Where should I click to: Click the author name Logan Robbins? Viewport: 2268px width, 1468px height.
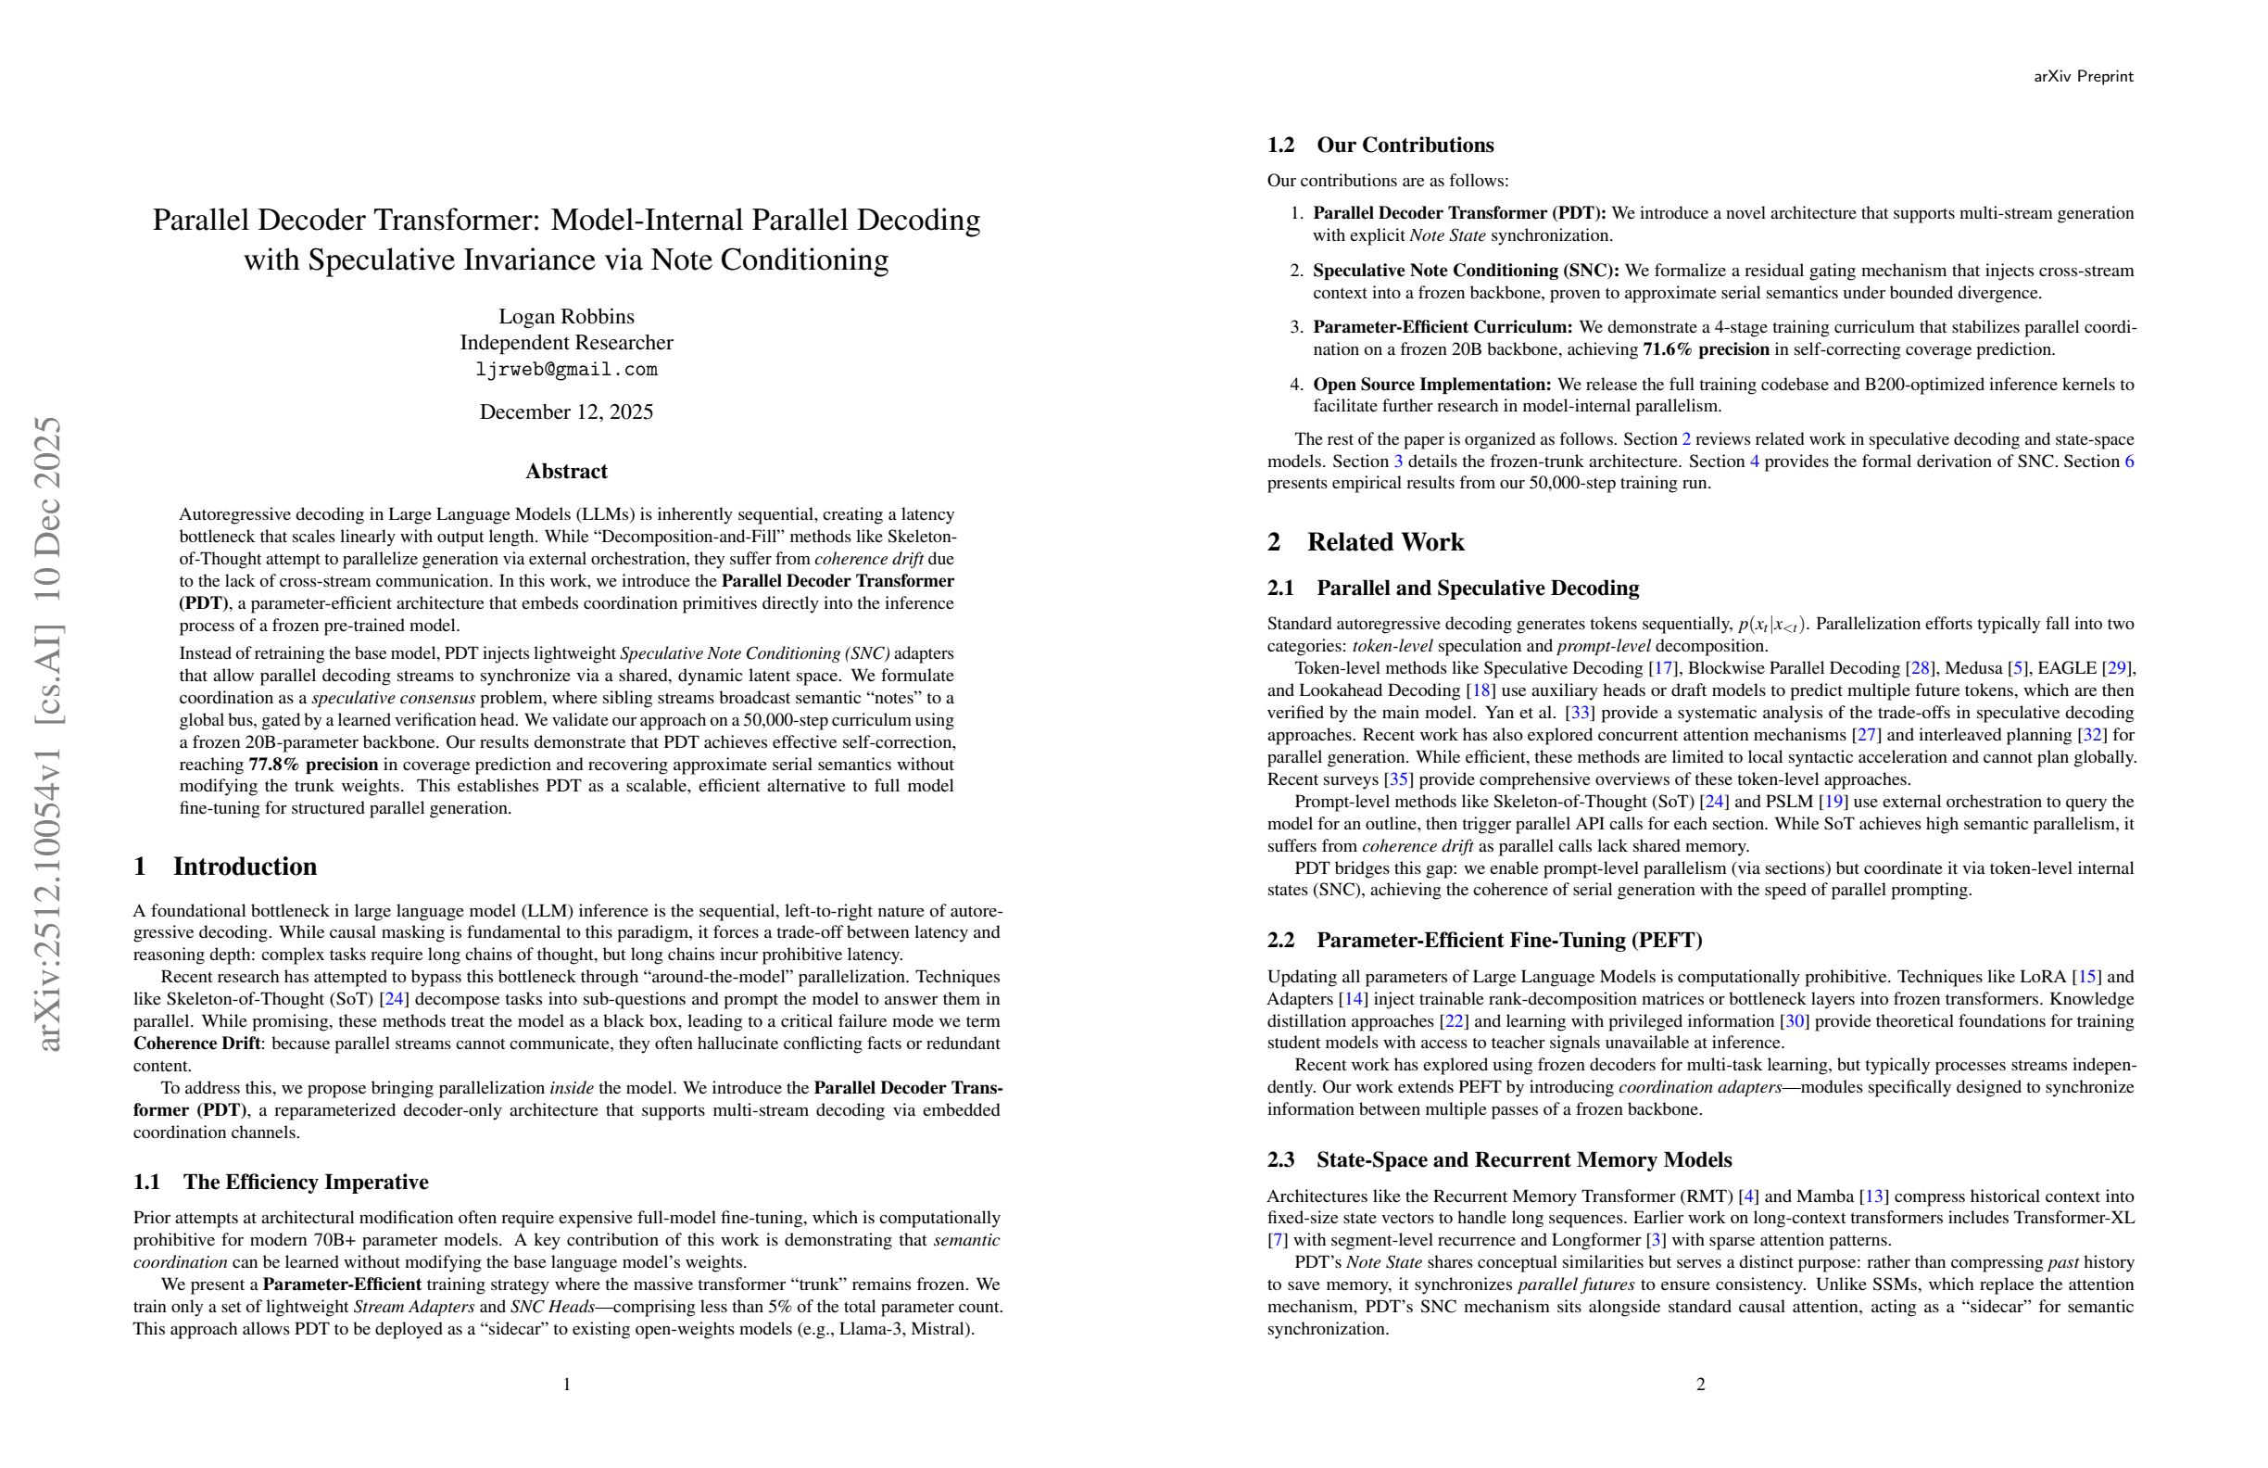pyautogui.click(x=566, y=316)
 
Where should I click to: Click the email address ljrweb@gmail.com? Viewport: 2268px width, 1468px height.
pyautogui.click(x=566, y=370)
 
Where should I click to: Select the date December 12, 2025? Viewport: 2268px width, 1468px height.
pyautogui.click(x=566, y=411)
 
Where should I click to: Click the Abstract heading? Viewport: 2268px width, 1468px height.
pyautogui.click(x=566, y=471)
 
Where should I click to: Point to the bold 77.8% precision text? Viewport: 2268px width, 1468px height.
pyautogui.click(x=313, y=765)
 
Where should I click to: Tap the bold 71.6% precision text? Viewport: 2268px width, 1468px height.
pyautogui.click(x=1706, y=349)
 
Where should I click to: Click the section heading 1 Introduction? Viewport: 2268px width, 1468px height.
pyautogui.click(x=225, y=867)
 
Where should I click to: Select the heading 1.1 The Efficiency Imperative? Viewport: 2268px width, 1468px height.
pyautogui.click(x=280, y=1182)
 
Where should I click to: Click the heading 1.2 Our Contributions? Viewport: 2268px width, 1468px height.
pyautogui.click(x=1380, y=145)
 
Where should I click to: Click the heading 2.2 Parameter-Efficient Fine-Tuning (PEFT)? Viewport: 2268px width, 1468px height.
pyautogui.click(x=1483, y=940)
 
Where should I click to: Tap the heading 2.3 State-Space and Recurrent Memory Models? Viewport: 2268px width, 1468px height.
pyautogui.click(x=1499, y=1160)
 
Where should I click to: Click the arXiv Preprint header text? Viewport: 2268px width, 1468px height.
pyautogui.click(x=2083, y=76)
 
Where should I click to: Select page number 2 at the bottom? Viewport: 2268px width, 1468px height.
pyautogui.click(x=1700, y=1384)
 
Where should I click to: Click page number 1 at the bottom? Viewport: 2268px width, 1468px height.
pyautogui.click(x=566, y=1384)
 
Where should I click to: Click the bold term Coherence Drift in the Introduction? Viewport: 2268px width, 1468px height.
pyautogui.click(x=196, y=1044)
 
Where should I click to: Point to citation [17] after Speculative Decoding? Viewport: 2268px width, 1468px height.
pyautogui.click(x=1663, y=668)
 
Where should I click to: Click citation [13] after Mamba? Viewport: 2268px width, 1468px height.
pyautogui.click(x=1873, y=1196)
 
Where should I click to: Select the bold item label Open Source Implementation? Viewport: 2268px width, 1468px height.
pyautogui.click(x=1432, y=385)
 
